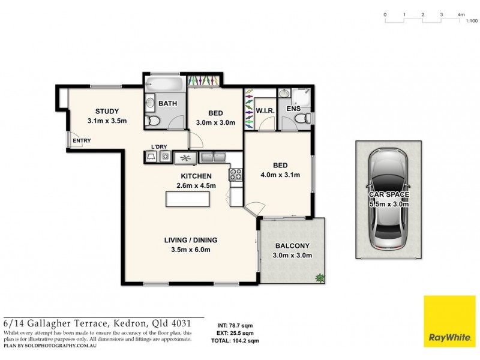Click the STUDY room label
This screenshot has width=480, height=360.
pos(107,111)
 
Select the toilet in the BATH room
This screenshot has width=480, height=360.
pos(154,122)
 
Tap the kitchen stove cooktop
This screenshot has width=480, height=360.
pos(235,175)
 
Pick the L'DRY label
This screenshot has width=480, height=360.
pos(158,146)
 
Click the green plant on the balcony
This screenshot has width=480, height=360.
pos(320,278)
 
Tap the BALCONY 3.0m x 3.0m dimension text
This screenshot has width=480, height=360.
pos(292,255)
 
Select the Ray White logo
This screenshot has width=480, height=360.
pos(449,322)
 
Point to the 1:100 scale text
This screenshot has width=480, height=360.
pos(471,21)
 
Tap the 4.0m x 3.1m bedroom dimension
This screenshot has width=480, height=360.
pos(280,175)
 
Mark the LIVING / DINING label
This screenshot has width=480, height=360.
pos(191,240)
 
